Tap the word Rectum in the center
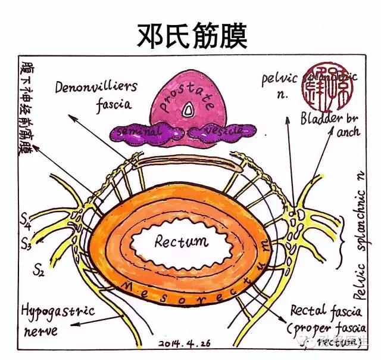pyautogui.click(x=182, y=241)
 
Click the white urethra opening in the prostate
pyautogui.click(x=189, y=110)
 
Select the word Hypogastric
pyautogui.click(x=51, y=311)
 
